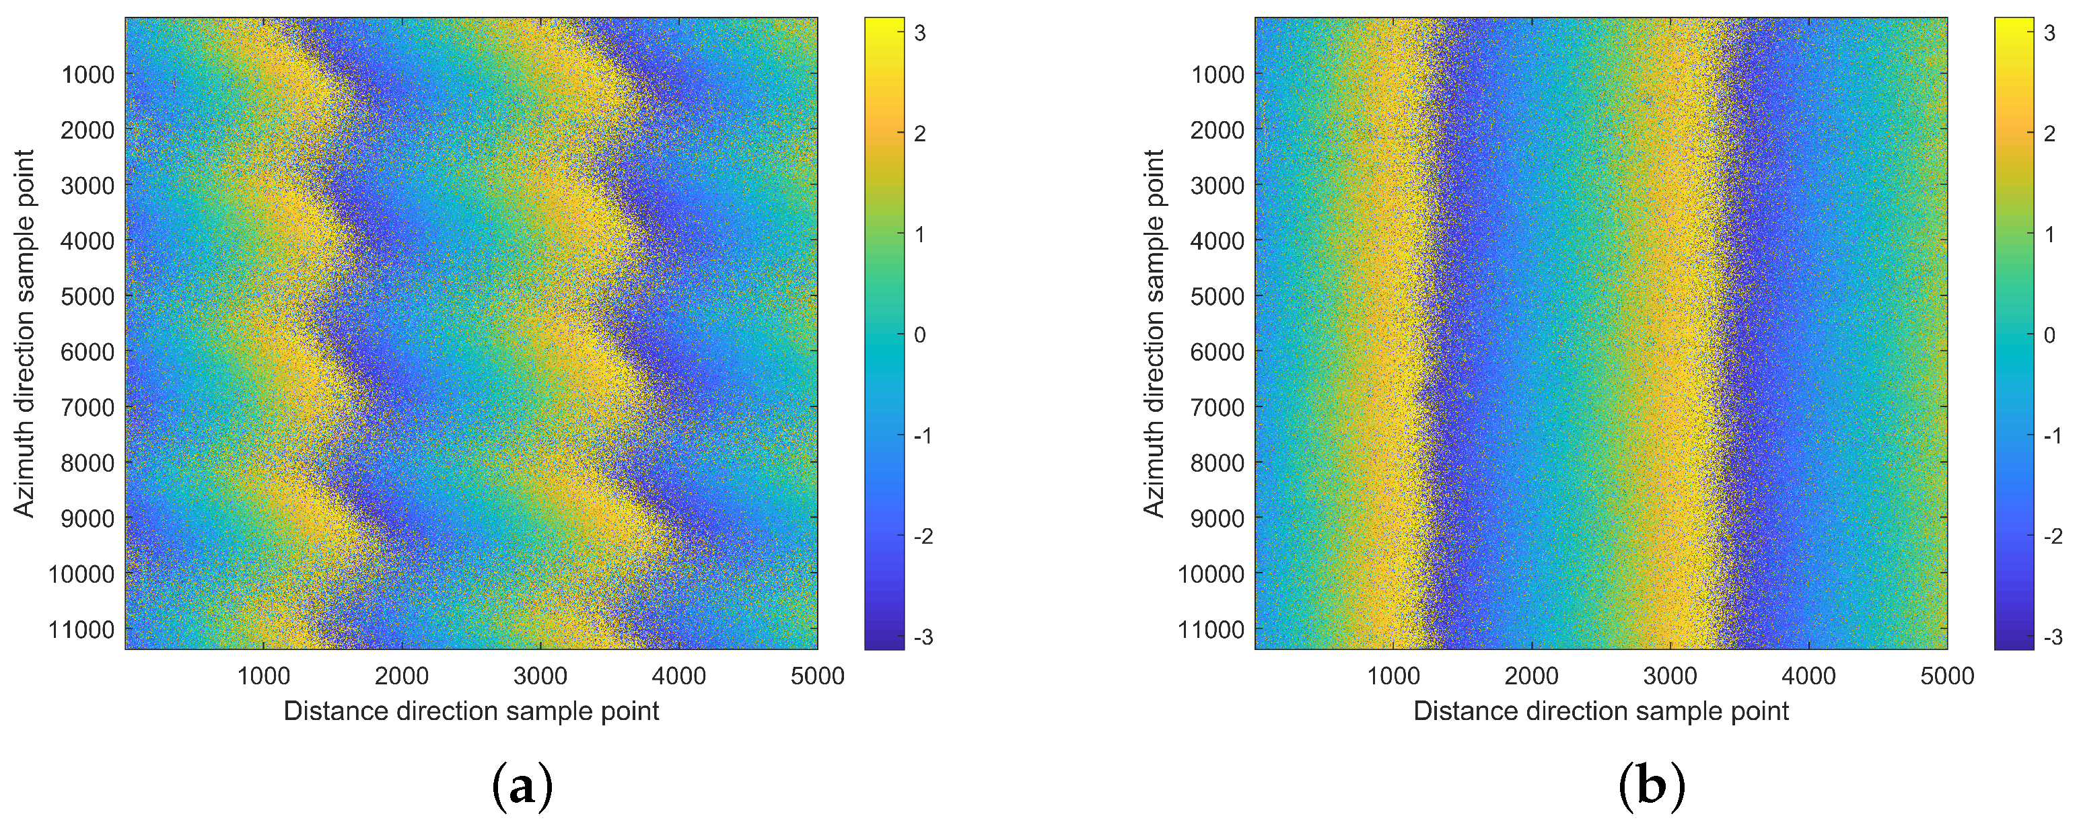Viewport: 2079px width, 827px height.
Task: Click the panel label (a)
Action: [x=522, y=787]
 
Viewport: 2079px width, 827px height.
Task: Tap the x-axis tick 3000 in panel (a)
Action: [x=540, y=676]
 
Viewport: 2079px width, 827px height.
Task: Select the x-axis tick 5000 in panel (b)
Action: [x=1946, y=676]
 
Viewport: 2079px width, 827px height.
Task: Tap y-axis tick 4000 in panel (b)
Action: [x=1217, y=240]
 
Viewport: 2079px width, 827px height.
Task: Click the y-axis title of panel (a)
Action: [x=25, y=333]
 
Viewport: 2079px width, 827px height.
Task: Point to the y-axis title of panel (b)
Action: [x=1155, y=333]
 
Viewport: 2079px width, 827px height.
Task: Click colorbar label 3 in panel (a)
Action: [x=920, y=33]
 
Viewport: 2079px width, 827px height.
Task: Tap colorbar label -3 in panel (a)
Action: [x=923, y=637]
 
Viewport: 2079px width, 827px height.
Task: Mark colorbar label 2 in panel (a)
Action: [x=920, y=134]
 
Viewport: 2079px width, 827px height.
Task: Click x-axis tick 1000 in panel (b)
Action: [x=1393, y=676]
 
